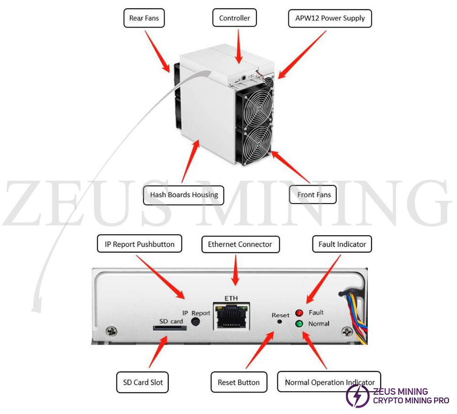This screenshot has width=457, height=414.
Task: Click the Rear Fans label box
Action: (144, 18)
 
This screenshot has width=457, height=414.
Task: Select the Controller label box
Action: (234, 18)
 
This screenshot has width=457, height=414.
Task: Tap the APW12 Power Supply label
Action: (330, 18)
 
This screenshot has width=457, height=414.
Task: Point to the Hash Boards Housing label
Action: (184, 195)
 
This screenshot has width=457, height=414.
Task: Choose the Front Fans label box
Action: (314, 195)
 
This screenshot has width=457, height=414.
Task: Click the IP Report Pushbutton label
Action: (139, 244)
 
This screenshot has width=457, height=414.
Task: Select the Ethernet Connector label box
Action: (240, 244)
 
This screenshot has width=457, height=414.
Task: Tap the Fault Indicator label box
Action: (342, 244)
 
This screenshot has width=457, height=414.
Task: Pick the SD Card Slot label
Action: (143, 382)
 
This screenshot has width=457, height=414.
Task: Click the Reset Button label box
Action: (239, 382)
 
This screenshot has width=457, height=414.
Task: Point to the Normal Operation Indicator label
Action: (329, 382)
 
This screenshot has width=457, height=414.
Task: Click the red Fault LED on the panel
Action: (299, 313)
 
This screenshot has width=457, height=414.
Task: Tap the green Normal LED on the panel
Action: (299, 324)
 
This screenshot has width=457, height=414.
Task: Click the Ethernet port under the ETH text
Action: (231, 317)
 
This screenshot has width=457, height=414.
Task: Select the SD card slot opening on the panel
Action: (170, 328)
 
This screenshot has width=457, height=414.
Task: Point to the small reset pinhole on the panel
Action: (280, 322)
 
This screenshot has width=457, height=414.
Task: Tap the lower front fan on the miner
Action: (253, 144)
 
